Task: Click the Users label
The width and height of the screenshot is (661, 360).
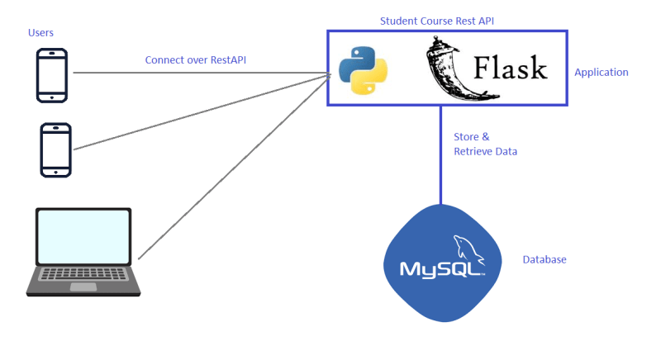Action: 40,32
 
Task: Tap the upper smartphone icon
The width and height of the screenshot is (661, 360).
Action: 52,75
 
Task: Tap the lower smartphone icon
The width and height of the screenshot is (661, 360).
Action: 56,149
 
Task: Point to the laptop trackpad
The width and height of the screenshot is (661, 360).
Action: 83,287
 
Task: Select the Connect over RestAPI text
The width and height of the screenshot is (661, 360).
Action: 195,60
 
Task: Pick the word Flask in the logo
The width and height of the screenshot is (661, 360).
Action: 510,68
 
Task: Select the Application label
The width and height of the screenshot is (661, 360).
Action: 601,73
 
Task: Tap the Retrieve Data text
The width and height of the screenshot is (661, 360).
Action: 486,152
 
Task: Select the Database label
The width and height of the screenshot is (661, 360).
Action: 544,260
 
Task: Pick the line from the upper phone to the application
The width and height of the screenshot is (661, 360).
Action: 198,73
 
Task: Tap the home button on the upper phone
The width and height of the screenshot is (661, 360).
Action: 52,97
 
